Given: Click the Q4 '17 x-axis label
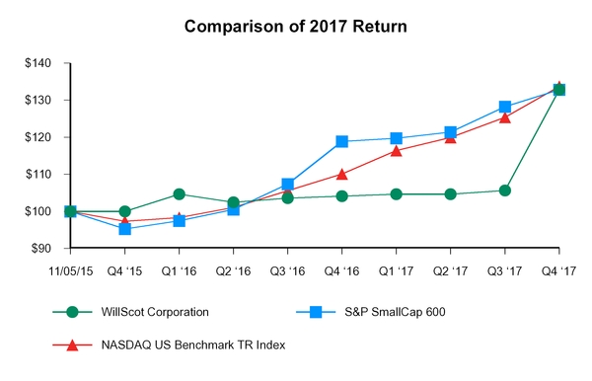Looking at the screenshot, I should tap(559, 266).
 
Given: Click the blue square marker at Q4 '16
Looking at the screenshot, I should tap(342, 141).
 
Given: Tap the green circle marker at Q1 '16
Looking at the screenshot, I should tap(179, 194).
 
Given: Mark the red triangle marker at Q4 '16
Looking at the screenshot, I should tap(342, 174).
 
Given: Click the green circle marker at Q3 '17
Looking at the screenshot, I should tap(505, 190).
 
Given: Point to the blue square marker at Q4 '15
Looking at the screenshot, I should tap(124, 229).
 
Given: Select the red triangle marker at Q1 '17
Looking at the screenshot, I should tap(397, 150).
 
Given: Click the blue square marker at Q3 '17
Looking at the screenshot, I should tap(505, 107).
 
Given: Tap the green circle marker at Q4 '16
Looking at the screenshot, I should tap(342, 195).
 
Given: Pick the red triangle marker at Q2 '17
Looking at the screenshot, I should tap(451, 137).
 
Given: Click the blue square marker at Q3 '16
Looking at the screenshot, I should tap(288, 185).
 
